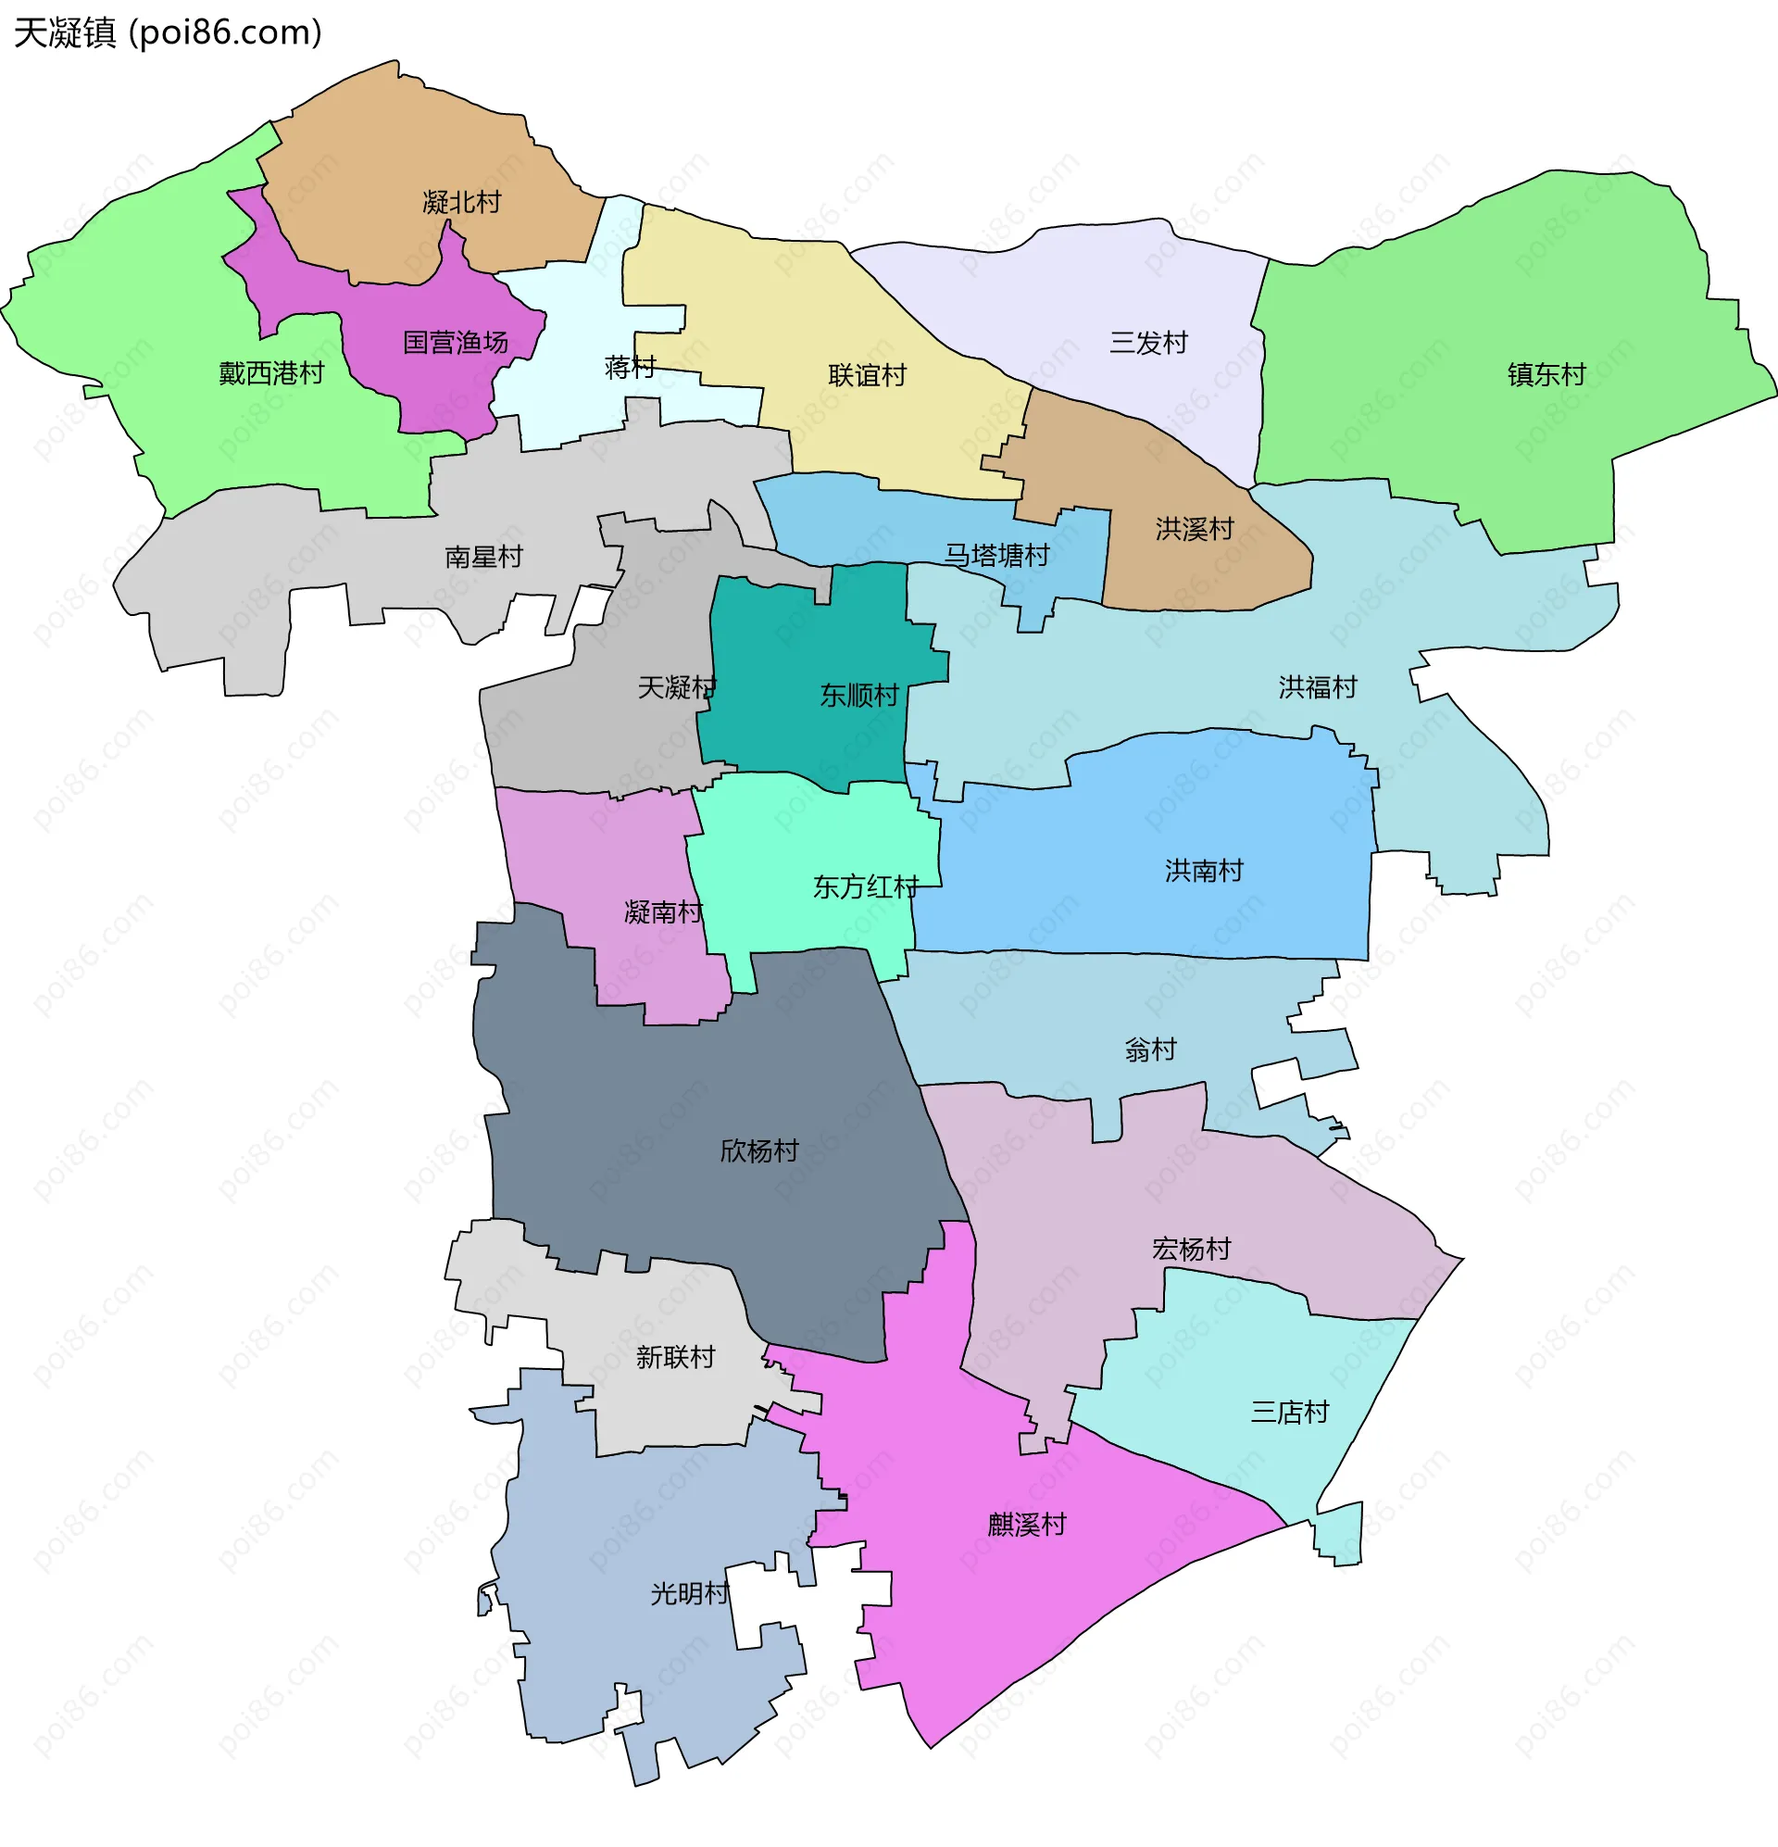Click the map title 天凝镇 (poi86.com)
168,33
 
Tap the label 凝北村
462,202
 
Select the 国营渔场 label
455,342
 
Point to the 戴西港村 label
271,373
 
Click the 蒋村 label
631,367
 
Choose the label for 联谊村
867,375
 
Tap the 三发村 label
1148,342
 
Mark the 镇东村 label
1546,374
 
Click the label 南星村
483,557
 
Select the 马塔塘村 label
997,555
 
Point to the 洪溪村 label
1195,529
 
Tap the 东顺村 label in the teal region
858,696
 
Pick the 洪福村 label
1317,687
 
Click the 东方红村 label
865,886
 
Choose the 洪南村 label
1203,870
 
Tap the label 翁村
1150,1049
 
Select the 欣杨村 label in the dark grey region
758,1150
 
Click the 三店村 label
1289,1412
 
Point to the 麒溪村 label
1026,1525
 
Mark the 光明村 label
690,1593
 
